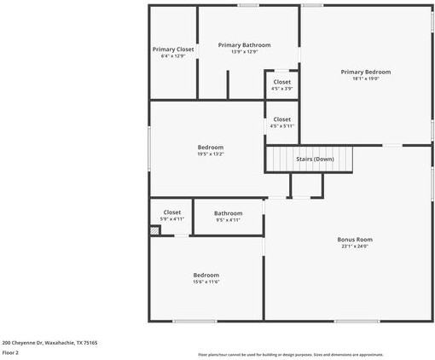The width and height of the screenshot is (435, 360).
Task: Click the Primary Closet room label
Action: coord(173,49)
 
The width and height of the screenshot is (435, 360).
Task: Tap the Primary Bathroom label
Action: coord(244,44)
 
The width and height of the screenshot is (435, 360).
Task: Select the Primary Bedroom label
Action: coord(365,72)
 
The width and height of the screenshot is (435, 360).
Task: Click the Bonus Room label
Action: coord(355,240)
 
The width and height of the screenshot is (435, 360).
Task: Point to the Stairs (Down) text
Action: coord(315,159)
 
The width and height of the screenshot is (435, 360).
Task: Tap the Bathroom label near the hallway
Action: coord(228,213)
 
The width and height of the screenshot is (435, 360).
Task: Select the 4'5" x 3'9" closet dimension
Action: coord(281,89)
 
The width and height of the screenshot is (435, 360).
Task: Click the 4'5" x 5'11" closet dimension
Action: coord(281,126)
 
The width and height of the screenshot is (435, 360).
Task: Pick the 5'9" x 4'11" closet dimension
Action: coord(172,219)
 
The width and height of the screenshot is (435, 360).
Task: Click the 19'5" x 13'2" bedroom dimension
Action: coord(210,154)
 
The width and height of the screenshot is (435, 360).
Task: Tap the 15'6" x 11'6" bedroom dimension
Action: coord(206,282)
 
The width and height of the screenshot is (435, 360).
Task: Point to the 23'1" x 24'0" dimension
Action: coord(355,247)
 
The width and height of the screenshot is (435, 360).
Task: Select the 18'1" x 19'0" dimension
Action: coord(365,78)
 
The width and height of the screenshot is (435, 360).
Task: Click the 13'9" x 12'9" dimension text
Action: coord(244,51)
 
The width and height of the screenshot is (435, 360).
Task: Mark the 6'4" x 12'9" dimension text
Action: coord(173,56)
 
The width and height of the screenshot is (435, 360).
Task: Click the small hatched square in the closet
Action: coord(154,229)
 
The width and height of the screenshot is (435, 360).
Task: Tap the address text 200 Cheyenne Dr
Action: coord(49,342)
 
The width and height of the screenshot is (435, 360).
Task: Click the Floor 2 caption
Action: coord(10,352)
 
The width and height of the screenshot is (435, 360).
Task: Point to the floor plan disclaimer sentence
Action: coord(290,355)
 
